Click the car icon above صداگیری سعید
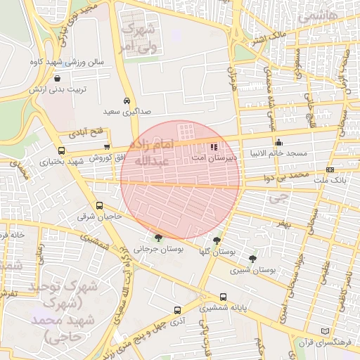tap(127, 101)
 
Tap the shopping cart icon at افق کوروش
tap(106, 146)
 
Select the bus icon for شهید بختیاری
tap(61, 150)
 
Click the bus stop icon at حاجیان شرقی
tap(99, 207)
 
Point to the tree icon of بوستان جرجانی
tap(157, 238)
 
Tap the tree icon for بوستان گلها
tap(226, 240)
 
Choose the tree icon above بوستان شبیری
tap(252, 259)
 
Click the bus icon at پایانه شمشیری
tap(224, 297)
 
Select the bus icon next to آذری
tap(176, 309)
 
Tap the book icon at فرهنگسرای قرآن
tap(324, 331)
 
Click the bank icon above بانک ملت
tap(330, 170)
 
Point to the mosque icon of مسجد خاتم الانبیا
tap(279, 141)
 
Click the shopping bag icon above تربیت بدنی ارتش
tap(56, 78)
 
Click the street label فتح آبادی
tap(86, 132)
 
